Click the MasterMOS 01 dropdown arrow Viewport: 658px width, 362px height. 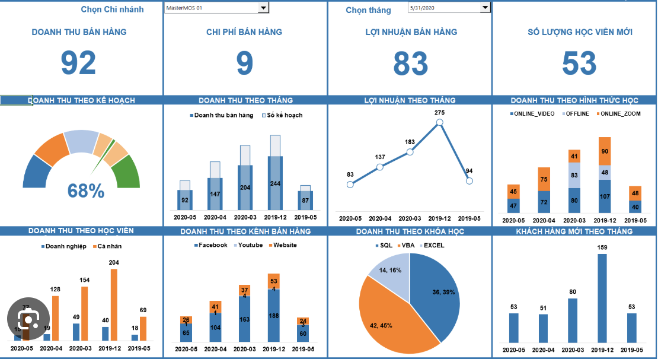(x=263, y=7)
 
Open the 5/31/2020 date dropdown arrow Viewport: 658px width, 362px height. (x=485, y=7)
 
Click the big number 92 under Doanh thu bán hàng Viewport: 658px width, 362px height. (x=78, y=63)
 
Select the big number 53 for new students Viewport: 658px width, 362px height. (x=579, y=63)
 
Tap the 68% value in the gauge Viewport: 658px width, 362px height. (x=86, y=191)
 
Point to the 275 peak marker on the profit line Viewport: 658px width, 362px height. (x=439, y=122)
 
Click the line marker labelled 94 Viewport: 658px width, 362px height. (x=469, y=181)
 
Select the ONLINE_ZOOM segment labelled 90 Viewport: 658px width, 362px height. (x=604, y=151)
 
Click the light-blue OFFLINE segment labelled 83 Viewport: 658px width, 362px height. (x=574, y=176)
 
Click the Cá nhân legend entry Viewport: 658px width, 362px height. (x=110, y=246)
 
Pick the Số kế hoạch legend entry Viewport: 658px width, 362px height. (x=282, y=115)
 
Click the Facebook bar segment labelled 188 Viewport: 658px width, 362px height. (x=274, y=315)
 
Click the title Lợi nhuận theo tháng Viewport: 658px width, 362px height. (x=410, y=100)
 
